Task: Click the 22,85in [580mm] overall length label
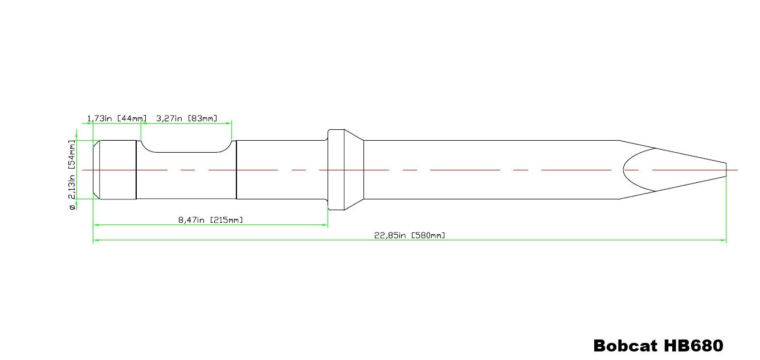click(x=410, y=235)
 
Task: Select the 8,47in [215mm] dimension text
click(x=211, y=220)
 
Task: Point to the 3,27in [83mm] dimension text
click(x=186, y=118)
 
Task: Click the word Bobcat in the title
click(x=625, y=345)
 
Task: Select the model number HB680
click(x=693, y=345)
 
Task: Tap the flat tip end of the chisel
click(x=726, y=170)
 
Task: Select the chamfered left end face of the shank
click(x=97, y=170)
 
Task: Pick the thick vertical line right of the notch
click(x=236, y=170)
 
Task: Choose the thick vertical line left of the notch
click(x=136, y=170)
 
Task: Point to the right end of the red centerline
click(x=737, y=170)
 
